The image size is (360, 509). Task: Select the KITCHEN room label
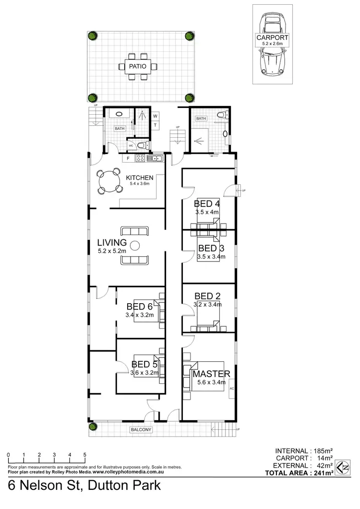140,178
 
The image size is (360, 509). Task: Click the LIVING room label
111,242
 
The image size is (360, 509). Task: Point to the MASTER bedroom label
211,374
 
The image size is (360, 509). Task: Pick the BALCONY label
141,430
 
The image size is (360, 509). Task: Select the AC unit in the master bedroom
231,388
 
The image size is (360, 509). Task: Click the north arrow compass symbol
342,466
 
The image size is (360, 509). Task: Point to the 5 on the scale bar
85,455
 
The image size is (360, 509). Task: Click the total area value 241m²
323,473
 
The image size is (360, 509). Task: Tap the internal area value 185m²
324,451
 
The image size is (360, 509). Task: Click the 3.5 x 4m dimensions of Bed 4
207,212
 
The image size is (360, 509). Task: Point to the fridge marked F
129,158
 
